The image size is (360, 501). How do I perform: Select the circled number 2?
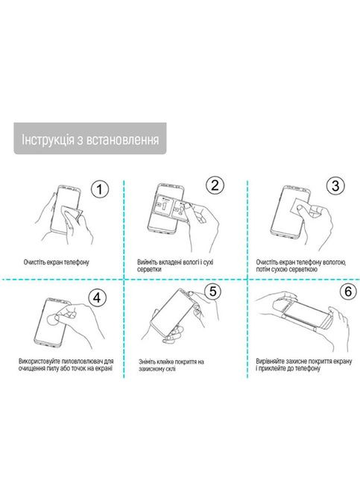point(215,186)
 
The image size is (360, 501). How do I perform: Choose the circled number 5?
point(212,292)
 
